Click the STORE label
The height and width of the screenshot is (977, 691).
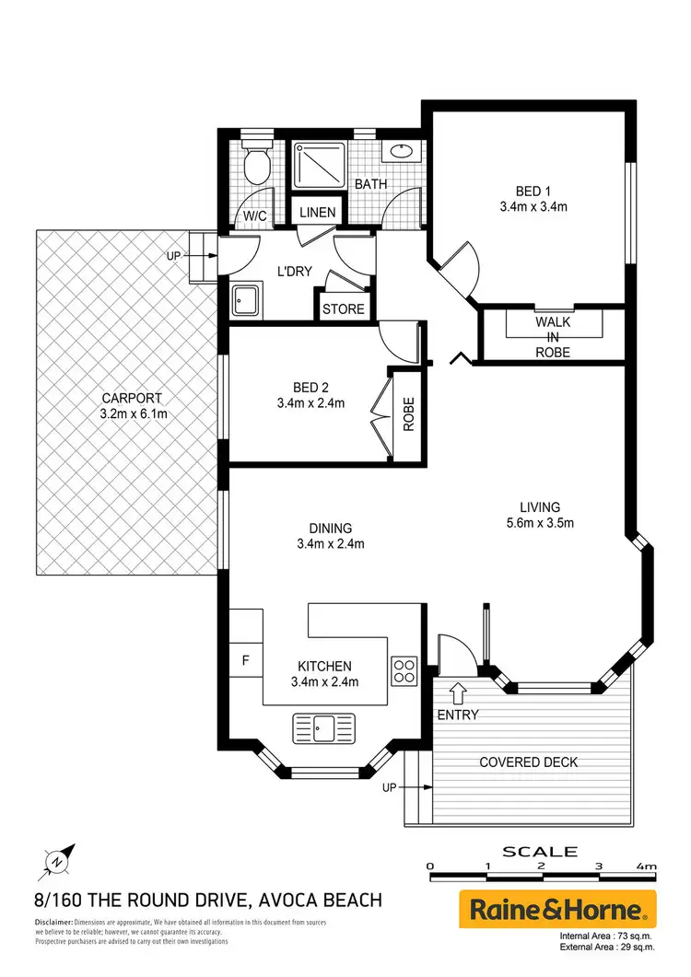[x=343, y=309]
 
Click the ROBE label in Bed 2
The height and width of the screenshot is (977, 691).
[x=408, y=413]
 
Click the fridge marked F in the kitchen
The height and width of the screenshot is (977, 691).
[x=245, y=659]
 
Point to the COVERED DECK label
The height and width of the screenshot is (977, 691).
[x=528, y=762]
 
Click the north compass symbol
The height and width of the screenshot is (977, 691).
[x=56, y=862]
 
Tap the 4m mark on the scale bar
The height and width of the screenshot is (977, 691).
[x=646, y=867]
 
